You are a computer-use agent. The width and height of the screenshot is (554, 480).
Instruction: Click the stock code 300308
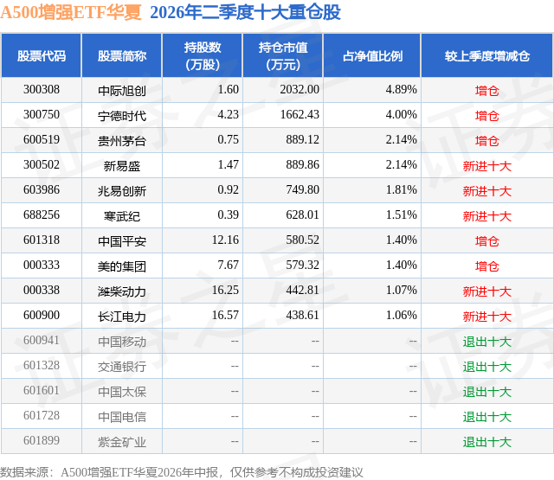42,90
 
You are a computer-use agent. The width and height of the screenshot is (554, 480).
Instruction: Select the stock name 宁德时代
122,116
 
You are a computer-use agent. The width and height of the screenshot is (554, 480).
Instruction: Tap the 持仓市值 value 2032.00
300,90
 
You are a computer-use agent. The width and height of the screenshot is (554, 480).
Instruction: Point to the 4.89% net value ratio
401,90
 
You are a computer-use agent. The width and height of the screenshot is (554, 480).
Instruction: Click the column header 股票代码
42,55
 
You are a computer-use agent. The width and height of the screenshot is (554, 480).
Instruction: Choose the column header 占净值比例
372,55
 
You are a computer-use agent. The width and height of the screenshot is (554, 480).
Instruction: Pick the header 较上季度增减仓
487,55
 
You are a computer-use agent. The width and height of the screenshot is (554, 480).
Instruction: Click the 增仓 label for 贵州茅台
487,141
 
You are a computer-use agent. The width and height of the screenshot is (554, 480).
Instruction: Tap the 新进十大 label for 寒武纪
487,216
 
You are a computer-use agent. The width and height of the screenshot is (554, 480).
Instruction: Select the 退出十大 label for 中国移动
487,342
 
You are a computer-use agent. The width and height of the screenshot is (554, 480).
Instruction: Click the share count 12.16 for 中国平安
225,240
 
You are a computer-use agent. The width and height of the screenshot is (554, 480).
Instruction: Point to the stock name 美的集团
122,266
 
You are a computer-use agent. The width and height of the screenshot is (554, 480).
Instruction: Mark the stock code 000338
42,290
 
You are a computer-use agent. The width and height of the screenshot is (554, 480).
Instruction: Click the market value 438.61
302,315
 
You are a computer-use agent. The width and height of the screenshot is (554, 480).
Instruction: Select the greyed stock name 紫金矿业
122,442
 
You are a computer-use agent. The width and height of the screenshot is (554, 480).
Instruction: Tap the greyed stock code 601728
42,415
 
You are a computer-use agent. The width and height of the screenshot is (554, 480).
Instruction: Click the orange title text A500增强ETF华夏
71,12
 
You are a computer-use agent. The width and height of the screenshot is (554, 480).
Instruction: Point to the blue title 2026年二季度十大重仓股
245,12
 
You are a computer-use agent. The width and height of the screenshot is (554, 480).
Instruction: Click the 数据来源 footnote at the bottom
182,472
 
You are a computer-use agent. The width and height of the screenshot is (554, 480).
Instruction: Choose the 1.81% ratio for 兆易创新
401,190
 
